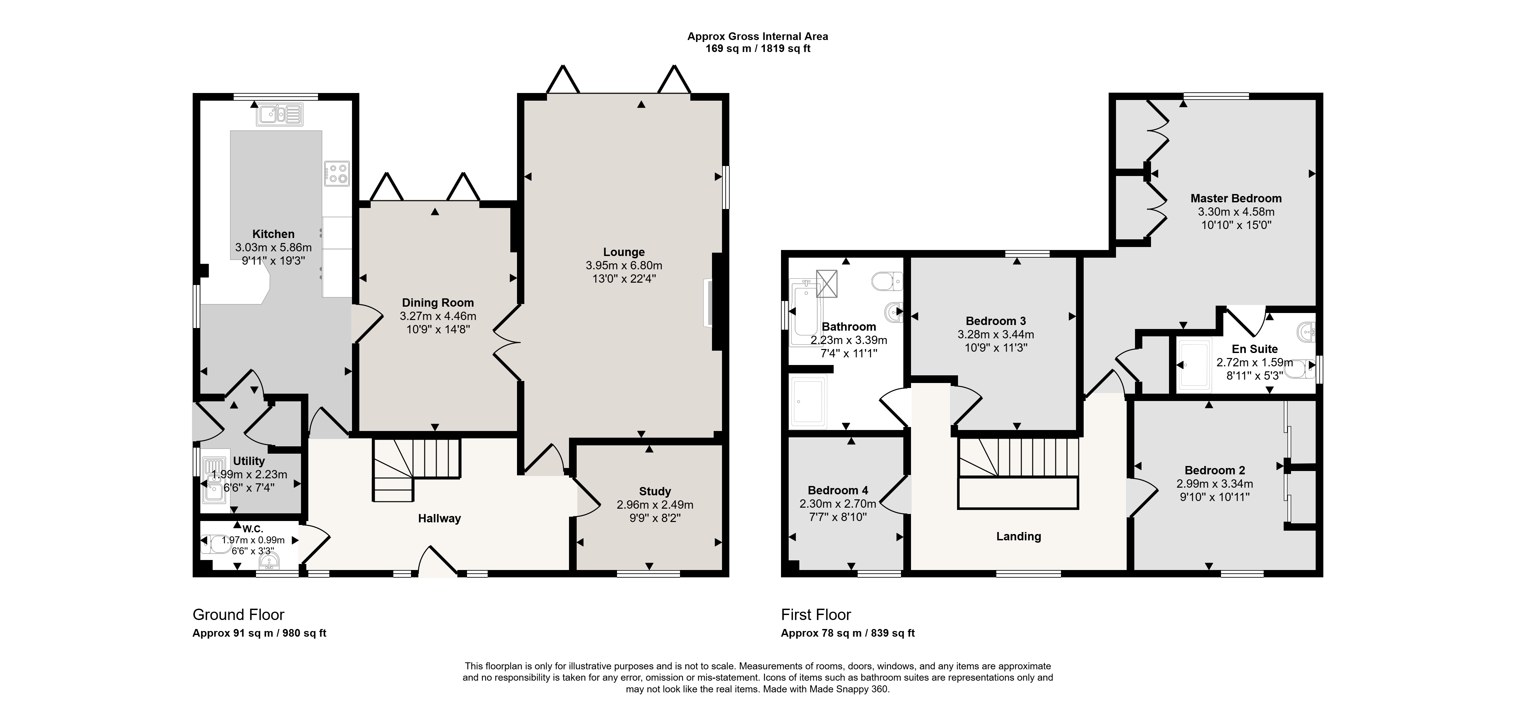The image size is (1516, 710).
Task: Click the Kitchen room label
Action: point(273,234)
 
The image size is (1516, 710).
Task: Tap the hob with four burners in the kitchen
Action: point(337,174)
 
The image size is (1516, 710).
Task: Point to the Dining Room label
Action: point(437,303)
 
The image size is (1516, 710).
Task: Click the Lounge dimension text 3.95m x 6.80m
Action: point(624,266)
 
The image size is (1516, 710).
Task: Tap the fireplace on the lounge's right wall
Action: point(708,303)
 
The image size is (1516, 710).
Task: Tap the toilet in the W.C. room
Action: point(214,545)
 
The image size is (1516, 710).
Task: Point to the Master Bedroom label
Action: point(1236,198)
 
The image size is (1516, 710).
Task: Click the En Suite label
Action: point(1255,349)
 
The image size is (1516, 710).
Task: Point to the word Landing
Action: point(1019,536)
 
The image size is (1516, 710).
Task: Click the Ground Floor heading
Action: point(238,615)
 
